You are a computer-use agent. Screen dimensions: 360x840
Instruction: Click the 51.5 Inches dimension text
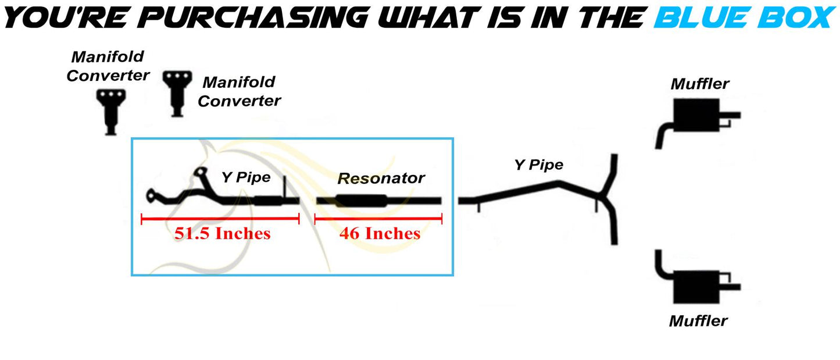pyautogui.click(x=222, y=234)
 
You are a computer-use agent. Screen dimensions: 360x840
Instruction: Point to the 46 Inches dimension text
pyautogui.click(x=379, y=234)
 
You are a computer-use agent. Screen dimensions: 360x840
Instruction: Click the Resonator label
pyautogui.click(x=381, y=179)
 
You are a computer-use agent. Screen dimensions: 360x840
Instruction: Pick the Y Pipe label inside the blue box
pyautogui.click(x=246, y=177)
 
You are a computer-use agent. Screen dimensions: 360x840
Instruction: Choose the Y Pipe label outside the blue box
pyautogui.click(x=538, y=165)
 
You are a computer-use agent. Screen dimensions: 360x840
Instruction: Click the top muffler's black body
pyautogui.click(x=695, y=115)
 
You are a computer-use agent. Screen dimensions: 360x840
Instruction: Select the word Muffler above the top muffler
pyautogui.click(x=699, y=84)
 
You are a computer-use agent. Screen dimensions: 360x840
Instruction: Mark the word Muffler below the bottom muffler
pyautogui.click(x=698, y=320)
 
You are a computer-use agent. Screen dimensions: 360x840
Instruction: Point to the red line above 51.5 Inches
pyautogui.click(x=220, y=219)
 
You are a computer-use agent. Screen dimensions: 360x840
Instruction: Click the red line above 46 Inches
pyautogui.click(x=378, y=219)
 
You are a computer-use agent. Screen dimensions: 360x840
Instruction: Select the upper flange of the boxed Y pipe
pyautogui.click(x=201, y=173)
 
